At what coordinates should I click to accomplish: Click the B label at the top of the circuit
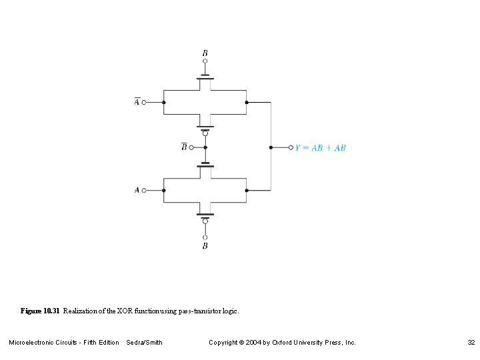205,53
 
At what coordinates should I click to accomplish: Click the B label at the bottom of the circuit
205,246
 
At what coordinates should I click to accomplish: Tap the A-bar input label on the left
136,103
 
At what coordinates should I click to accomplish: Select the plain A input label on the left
137,190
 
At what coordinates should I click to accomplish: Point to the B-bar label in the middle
184,147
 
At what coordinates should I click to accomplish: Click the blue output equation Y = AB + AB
321,147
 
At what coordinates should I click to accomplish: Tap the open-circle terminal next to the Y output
291,147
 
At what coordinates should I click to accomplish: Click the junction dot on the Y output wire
271,147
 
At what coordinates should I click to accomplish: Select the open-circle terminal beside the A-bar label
143,103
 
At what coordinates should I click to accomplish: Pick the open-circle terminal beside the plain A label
143,190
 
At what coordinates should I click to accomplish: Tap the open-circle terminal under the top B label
205,61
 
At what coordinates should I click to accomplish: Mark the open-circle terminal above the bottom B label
205,237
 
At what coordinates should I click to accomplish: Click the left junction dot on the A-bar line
164,103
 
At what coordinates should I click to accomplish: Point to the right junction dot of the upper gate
247,103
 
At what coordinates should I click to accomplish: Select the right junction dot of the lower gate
247,190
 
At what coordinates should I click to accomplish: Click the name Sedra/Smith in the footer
144,343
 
